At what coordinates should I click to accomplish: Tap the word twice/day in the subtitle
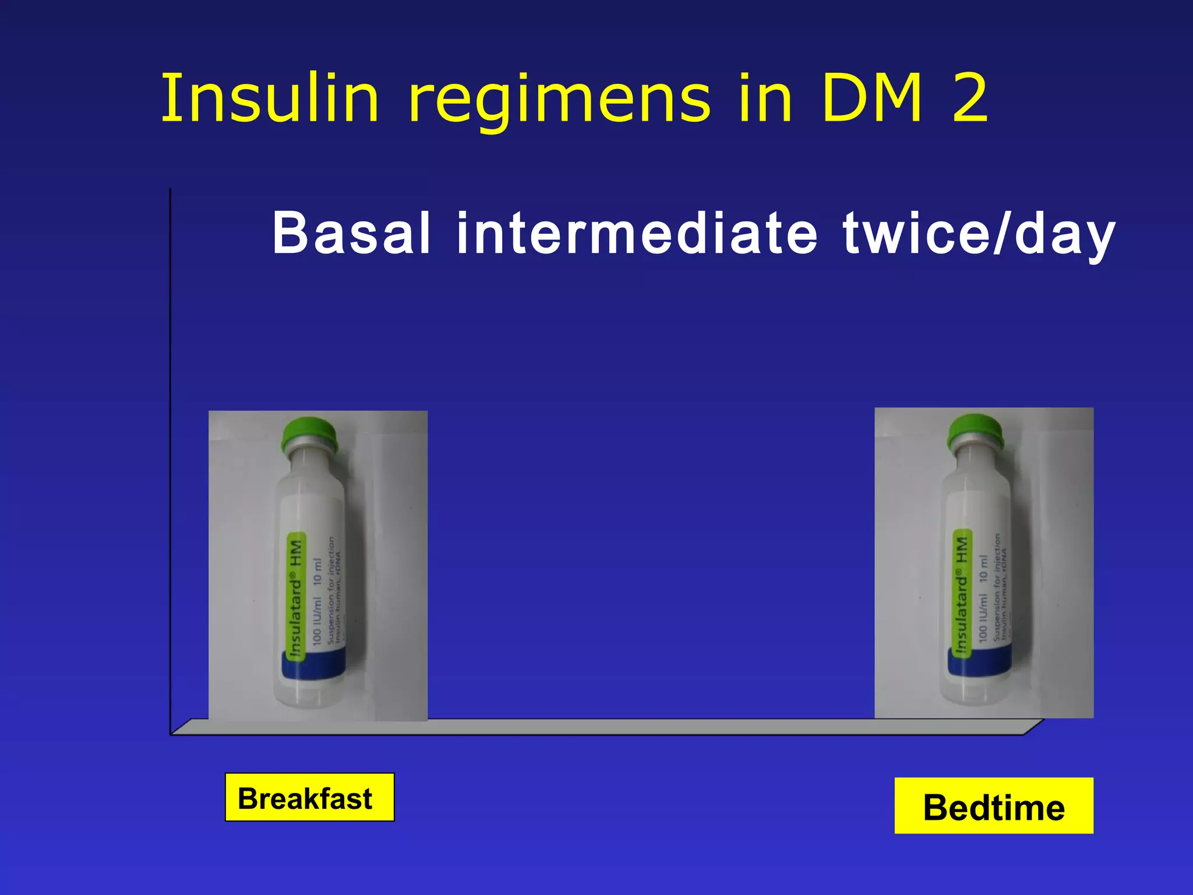click(979, 235)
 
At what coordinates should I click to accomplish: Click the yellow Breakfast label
click(309, 798)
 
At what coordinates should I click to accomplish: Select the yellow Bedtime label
click(994, 806)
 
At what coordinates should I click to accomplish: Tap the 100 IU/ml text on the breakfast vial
click(317, 620)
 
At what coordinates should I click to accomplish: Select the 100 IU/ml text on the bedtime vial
click(983, 618)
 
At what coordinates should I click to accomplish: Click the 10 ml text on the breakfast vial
click(317, 572)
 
